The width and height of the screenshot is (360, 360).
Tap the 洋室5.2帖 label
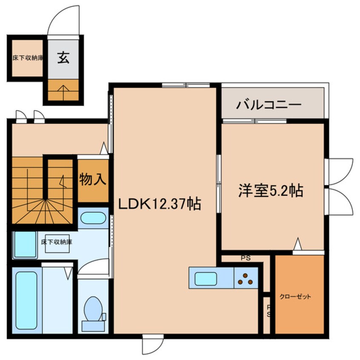(270, 191)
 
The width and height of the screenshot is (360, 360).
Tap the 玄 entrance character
(63, 59)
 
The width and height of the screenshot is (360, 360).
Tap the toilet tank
(93, 326)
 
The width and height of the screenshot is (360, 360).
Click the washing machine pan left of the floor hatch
(25, 244)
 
